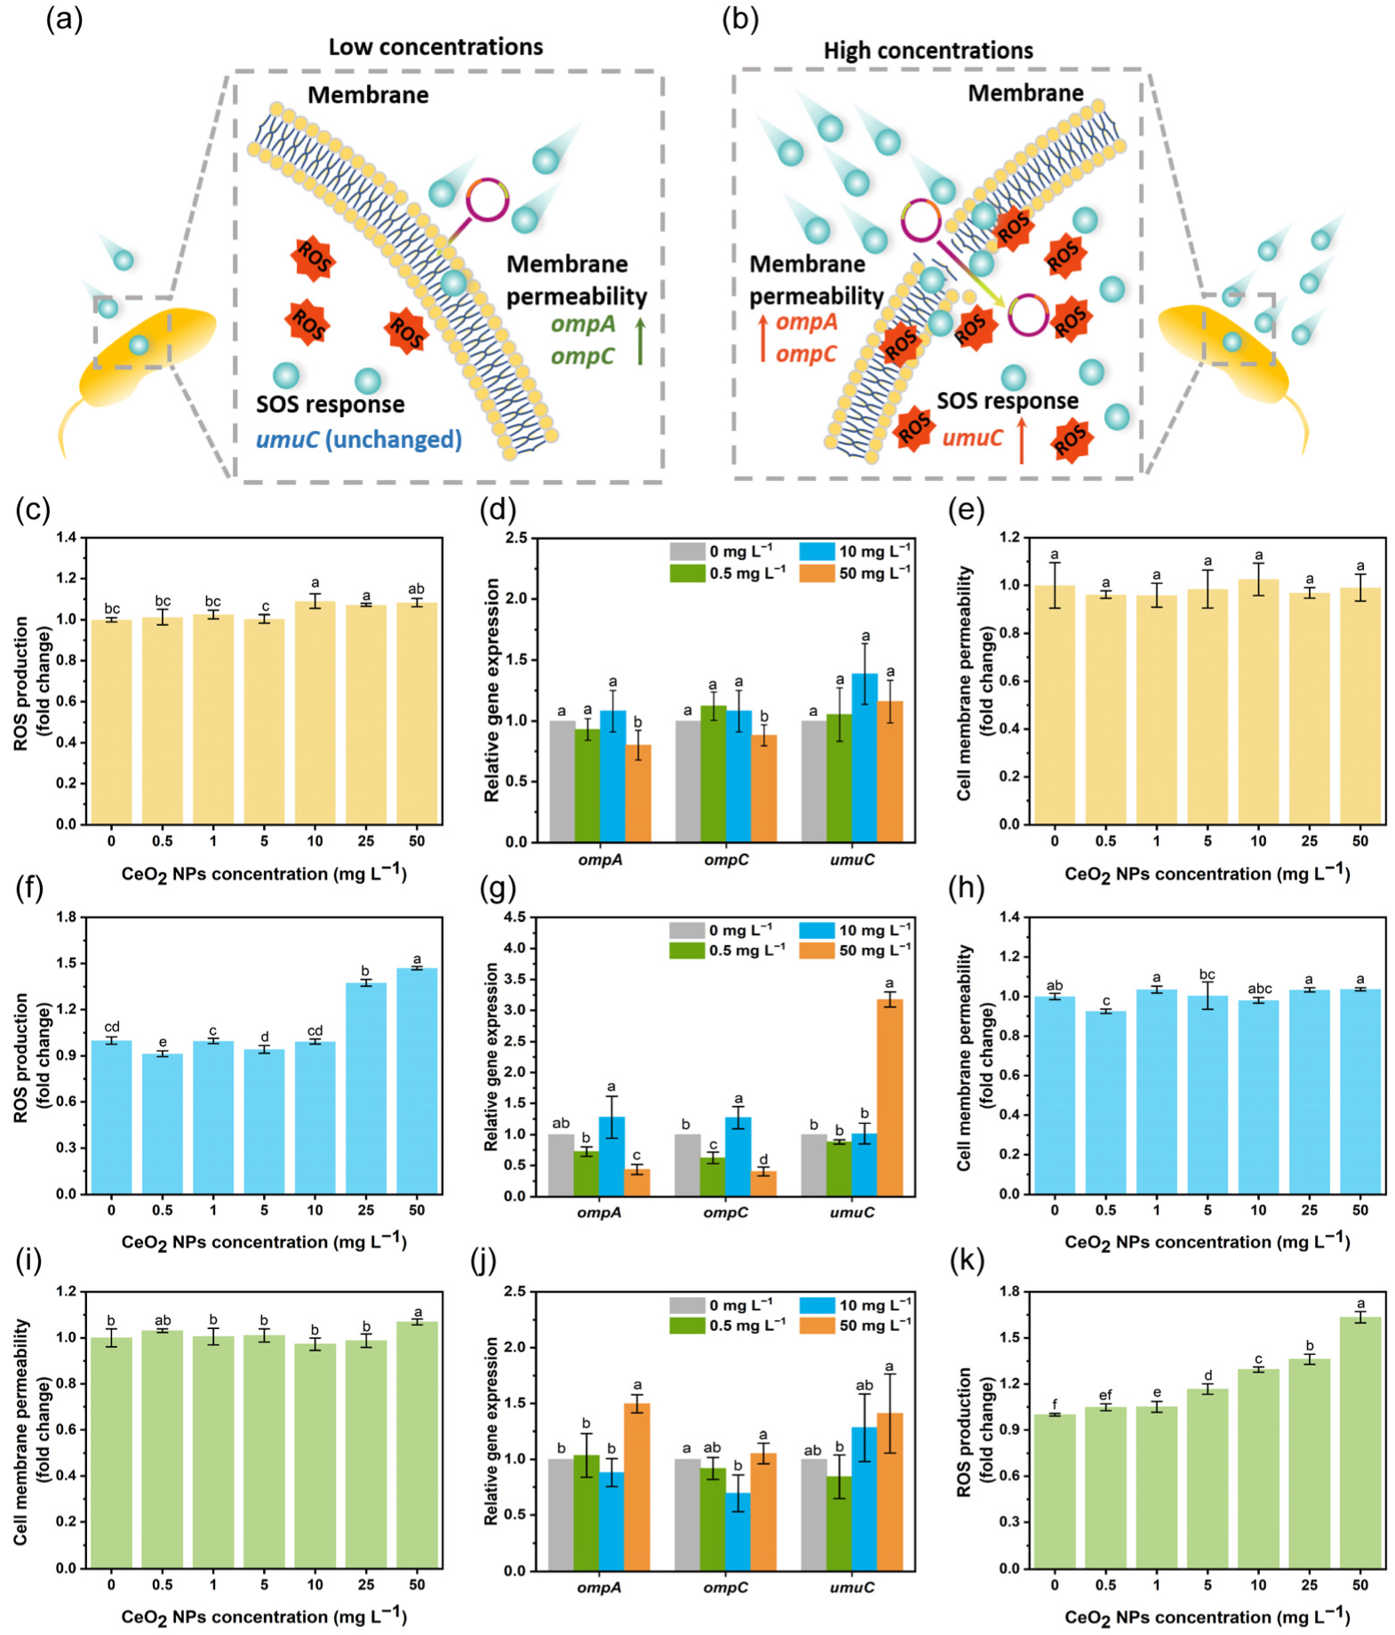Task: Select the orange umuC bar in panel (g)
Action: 889,1097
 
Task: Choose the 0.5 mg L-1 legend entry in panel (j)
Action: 727,1325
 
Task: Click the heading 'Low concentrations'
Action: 435,47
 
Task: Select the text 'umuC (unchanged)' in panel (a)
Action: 359,439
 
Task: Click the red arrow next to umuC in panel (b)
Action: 1022,441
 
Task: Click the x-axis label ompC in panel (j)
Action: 725,1587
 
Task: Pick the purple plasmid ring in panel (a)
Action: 487,200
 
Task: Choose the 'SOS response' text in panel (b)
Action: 1008,401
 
